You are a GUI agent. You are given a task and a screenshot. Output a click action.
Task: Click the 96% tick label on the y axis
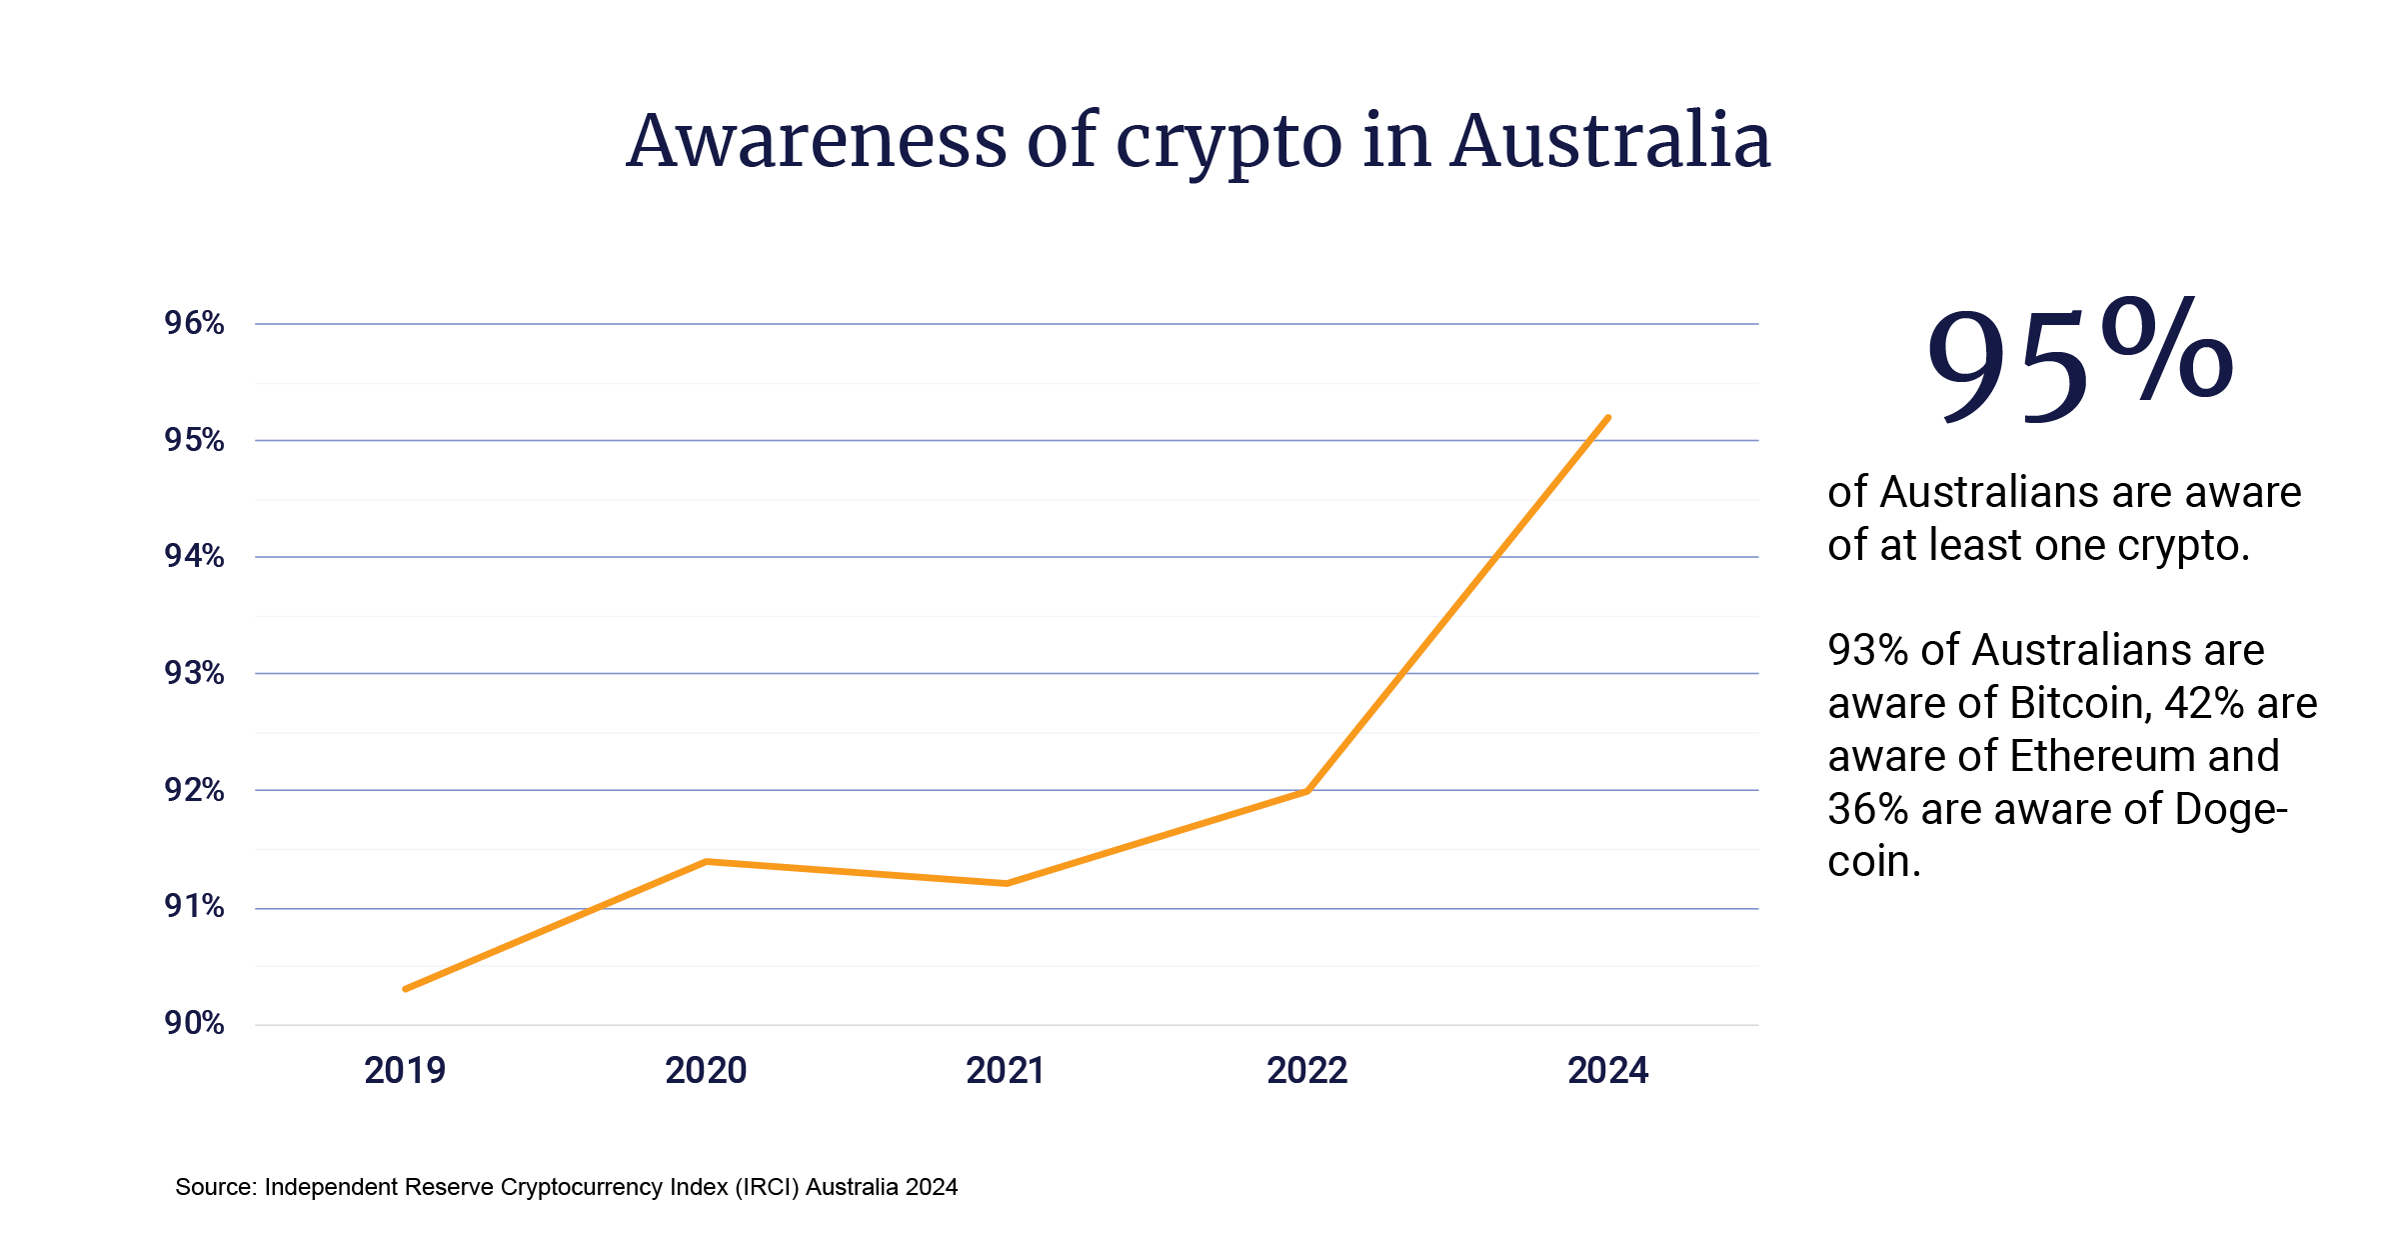[194, 323]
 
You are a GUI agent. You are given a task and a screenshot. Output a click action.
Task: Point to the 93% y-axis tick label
[194, 673]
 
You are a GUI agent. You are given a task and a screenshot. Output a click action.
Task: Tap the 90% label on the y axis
[194, 1023]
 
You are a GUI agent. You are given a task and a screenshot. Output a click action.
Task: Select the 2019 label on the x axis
[405, 1071]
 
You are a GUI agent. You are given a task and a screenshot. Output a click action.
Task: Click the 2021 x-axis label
[1006, 1071]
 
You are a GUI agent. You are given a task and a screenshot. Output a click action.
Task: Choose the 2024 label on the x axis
[1607, 1071]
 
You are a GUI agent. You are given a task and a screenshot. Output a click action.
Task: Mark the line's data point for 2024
[1607, 418]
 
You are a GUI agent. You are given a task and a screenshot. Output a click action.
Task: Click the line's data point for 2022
[1306, 791]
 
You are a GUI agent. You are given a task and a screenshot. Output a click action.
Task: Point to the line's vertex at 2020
[706, 861]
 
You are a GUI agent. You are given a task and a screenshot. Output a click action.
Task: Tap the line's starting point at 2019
[406, 989]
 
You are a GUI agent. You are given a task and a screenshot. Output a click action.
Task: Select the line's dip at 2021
[1006, 883]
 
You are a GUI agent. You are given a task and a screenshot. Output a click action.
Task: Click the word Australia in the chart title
[1610, 141]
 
